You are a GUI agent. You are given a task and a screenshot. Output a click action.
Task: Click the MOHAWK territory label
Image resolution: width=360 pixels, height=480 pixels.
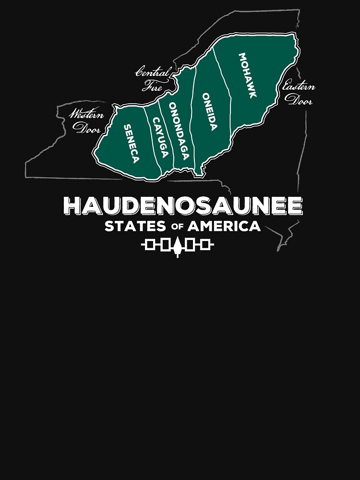point(248,75)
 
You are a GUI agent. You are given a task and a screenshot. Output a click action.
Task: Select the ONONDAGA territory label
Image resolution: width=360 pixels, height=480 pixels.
point(179,131)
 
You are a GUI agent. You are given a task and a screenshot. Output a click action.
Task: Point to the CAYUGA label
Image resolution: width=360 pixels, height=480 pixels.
point(160,138)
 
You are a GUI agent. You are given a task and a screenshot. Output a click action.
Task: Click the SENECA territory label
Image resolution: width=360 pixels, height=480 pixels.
point(132,144)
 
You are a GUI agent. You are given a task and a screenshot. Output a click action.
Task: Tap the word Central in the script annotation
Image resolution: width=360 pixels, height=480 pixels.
point(153,73)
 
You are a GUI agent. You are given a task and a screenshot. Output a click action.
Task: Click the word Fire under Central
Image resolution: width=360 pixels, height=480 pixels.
point(153,87)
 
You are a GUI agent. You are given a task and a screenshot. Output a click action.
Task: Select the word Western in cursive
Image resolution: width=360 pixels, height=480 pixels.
point(86,115)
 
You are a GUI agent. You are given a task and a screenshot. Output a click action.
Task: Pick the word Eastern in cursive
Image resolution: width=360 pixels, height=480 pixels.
point(299,87)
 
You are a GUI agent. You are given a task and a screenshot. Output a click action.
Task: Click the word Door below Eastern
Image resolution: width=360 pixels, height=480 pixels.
point(299,100)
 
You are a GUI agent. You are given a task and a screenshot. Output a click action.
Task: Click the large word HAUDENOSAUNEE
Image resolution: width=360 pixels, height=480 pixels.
point(183,206)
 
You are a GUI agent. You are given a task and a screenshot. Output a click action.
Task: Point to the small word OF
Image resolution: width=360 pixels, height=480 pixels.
point(175,227)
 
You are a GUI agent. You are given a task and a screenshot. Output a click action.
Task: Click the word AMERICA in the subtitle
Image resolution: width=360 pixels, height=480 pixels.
point(224,226)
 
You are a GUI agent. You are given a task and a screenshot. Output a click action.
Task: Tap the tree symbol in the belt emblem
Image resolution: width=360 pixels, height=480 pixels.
point(178,246)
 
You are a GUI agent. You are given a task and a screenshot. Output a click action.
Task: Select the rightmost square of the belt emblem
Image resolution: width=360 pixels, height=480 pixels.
point(206,246)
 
